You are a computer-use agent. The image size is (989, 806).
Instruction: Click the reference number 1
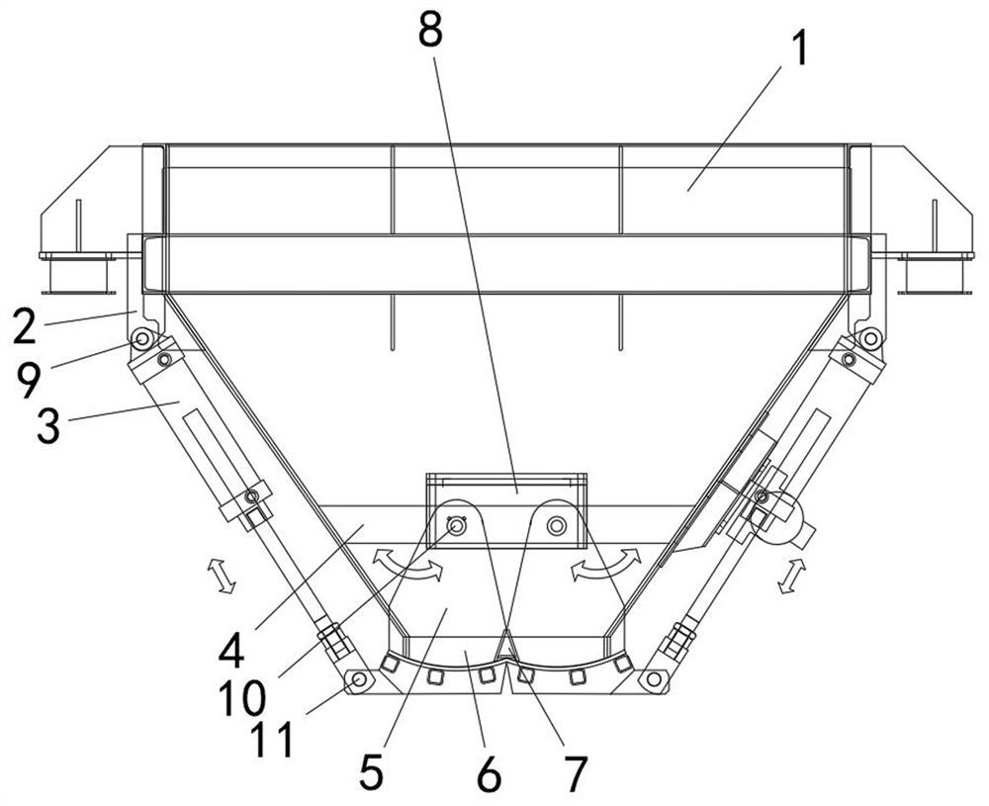pos(799,49)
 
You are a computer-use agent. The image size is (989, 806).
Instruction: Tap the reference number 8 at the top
pos(430,30)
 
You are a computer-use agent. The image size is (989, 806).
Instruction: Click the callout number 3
pos(49,426)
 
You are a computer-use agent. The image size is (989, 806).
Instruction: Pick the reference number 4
pos(232,650)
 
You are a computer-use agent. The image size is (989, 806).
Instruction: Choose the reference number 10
pos(242,699)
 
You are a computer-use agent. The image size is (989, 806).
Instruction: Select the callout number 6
pos(490,774)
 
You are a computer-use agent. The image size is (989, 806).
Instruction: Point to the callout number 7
pos(576,774)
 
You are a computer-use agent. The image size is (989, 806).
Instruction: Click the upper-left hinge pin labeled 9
pos(142,339)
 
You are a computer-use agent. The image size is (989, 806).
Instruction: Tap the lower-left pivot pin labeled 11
pos(359,679)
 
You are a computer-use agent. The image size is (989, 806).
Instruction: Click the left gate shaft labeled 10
pos(455,525)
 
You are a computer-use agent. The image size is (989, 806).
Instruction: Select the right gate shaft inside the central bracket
pos(556,525)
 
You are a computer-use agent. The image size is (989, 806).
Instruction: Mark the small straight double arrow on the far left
pos(222,576)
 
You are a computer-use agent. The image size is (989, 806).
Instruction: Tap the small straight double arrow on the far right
pos(789,576)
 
